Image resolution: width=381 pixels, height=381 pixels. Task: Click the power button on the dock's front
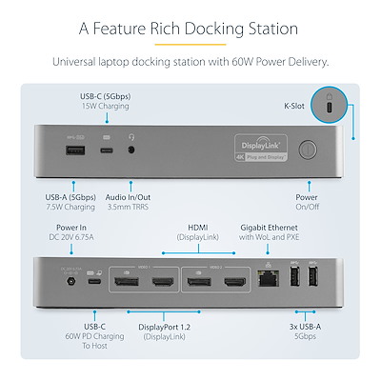308,149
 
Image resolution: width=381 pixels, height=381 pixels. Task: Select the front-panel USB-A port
77,149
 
